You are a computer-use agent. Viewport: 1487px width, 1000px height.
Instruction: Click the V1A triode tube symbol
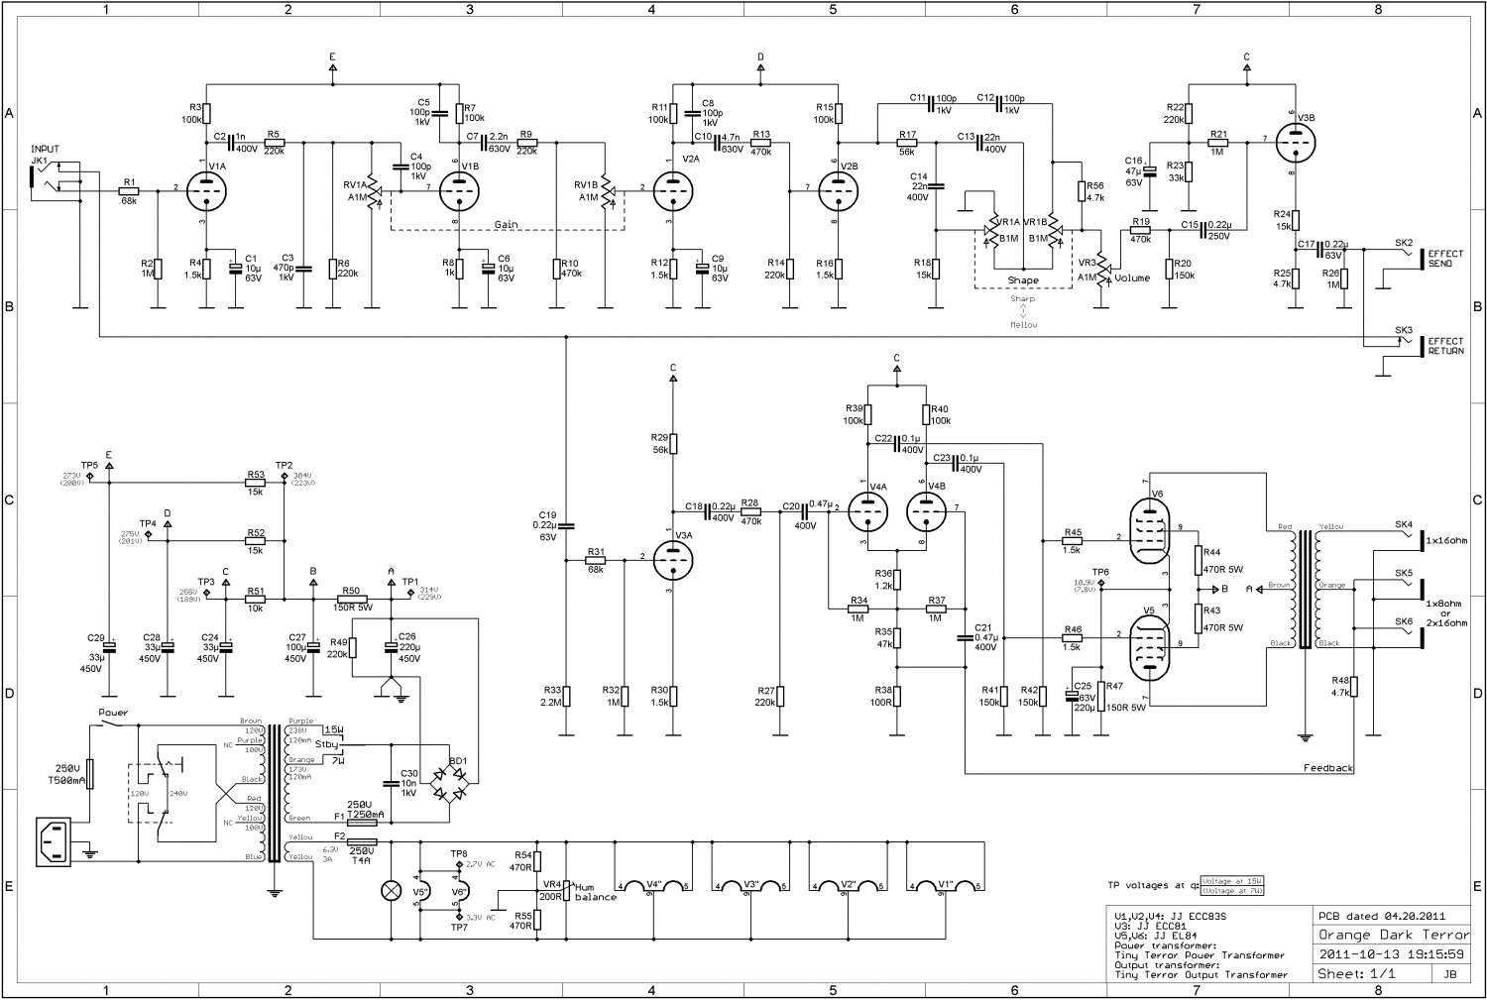pos(206,187)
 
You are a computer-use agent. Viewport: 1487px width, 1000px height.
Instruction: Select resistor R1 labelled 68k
pos(129,187)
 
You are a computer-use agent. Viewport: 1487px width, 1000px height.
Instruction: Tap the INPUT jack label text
pos(45,150)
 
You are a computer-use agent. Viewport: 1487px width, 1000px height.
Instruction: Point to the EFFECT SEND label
pos(1445,260)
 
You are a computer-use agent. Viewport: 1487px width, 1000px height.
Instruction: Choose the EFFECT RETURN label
pos(1445,346)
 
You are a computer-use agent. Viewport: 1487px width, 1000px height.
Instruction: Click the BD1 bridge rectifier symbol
pos(449,783)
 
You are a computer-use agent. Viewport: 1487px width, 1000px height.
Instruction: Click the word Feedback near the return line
pos(1328,768)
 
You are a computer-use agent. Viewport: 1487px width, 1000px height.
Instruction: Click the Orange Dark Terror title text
pos(1393,935)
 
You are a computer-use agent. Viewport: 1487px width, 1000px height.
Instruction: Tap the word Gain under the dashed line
pos(507,225)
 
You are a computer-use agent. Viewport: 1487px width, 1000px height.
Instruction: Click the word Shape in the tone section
pos(1023,280)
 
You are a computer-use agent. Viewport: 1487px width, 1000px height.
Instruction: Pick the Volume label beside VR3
pos(1132,278)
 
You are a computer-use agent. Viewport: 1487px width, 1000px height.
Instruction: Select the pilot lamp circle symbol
pos(390,889)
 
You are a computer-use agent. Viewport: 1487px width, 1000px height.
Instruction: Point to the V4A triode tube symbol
pos(868,511)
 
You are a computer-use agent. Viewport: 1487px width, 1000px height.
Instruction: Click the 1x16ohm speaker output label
pos(1445,540)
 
